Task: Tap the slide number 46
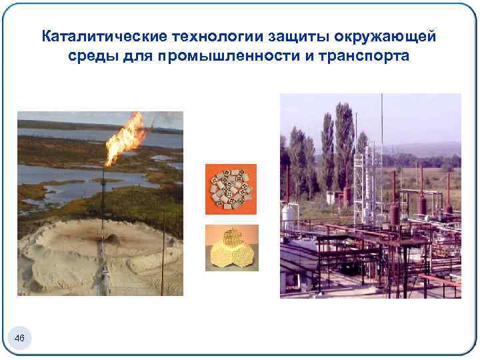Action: [x=19, y=339]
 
